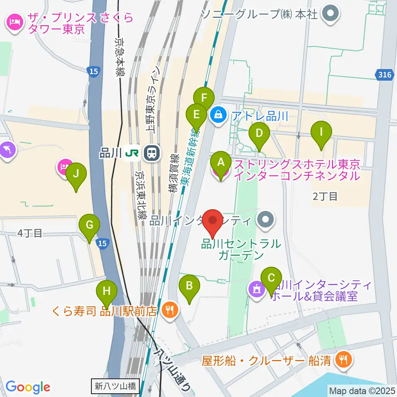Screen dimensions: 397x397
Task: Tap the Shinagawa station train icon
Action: click(151, 153)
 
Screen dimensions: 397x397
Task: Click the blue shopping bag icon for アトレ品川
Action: click(217, 113)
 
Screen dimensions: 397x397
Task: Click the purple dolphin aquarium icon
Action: click(8, 150)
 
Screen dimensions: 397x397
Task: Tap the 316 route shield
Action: click(385, 75)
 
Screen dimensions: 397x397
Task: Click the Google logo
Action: click(28, 387)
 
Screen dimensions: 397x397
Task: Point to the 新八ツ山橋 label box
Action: click(115, 387)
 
